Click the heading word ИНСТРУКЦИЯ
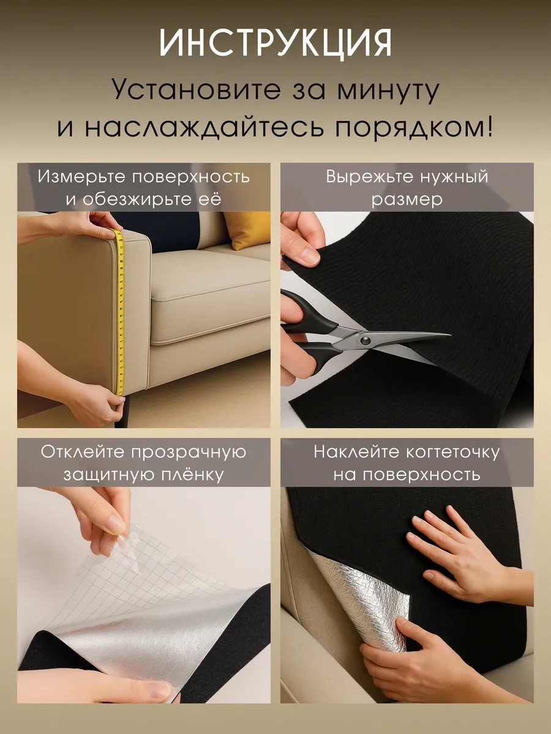click(x=275, y=45)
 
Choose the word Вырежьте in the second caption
click(x=366, y=177)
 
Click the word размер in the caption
click(x=407, y=199)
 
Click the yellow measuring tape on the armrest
click(x=120, y=312)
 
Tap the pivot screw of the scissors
click(x=365, y=338)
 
